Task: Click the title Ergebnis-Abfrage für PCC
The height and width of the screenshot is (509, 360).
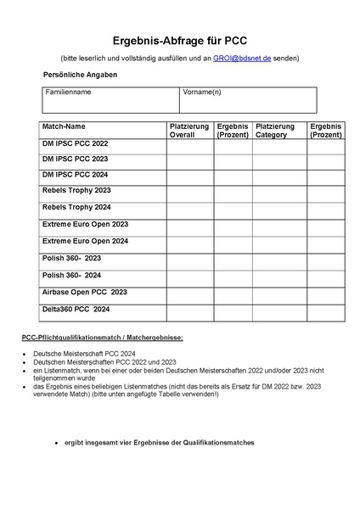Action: (x=179, y=40)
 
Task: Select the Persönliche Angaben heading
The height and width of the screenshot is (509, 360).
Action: (x=80, y=75)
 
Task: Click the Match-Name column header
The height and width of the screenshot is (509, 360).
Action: (x=64, y=126)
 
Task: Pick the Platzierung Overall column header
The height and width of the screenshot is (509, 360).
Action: (x=189, y=130)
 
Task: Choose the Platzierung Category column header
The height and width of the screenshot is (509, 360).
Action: (x=275, y=130)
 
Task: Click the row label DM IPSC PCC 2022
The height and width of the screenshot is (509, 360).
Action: (x=76, y=143)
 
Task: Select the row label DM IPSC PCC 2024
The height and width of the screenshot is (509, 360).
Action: (x=76, y=174)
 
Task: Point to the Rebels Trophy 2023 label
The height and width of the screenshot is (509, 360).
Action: (x=76, y=190)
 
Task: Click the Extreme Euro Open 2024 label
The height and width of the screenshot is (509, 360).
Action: (x=85, y=241)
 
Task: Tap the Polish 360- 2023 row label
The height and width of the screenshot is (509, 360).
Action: (x=71, y=257)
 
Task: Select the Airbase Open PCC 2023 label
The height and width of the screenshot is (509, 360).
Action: (x=84, y=291)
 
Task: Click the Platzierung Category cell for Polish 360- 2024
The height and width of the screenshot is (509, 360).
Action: (x=275, y=278)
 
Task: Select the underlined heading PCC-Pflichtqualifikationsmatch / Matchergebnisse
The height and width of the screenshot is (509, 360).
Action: (x=103, y=338)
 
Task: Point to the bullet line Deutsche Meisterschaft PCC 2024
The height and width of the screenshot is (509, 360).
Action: (x=91, y=352)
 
